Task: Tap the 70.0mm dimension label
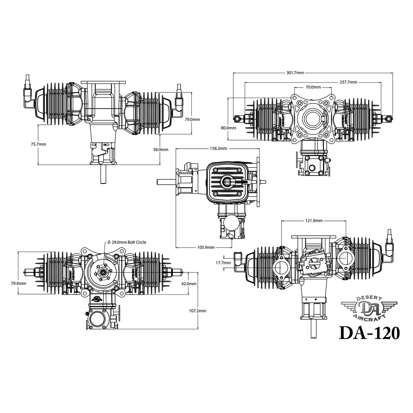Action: [x=313, y=87]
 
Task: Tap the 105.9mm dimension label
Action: [x=206, y=247]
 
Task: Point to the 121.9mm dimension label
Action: [x=314, y=220]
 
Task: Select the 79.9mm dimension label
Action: [x=19, y=283]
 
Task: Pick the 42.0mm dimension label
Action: [x=189, y=283]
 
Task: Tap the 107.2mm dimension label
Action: [x=197, y=311]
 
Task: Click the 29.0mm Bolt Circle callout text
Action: [x=127, y=242]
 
